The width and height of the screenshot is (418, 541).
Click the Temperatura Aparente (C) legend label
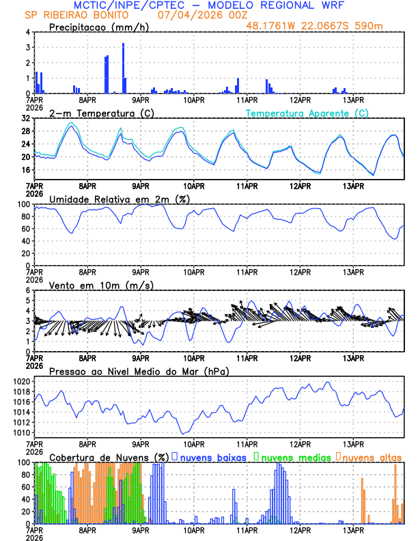(x=307, y=113)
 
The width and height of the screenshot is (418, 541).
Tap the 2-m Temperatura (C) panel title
(x=102, y=113)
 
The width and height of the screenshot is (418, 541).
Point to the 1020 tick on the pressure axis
(x=20, y=381)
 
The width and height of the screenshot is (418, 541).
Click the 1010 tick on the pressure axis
(x=20, y=432)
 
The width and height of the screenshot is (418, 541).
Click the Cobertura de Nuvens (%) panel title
(x=108, y=457)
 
